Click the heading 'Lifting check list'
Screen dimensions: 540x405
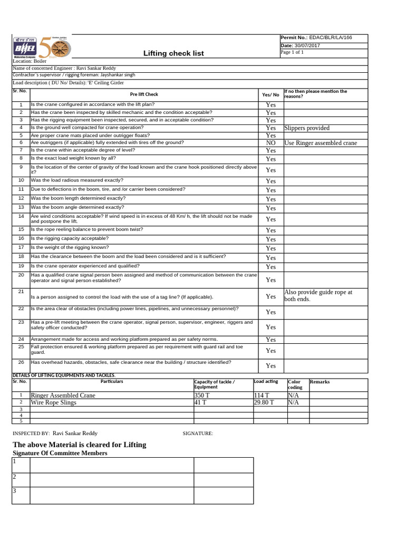[x=173, y=53]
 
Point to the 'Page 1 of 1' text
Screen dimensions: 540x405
[x=293, y=52]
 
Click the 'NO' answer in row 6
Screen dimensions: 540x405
[x=271, y=143]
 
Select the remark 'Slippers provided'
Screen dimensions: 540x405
[x=306, y=128]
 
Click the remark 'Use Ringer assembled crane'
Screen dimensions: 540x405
[x=320, y=143]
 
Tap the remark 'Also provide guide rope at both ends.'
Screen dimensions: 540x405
[x=318, y=295]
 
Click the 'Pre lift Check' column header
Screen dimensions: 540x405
[x=144, y=94]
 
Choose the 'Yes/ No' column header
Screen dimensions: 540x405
[x=271, y=94]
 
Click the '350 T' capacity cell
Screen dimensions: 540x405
[x=201, y=395]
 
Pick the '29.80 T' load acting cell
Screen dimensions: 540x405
[x=264, y=402]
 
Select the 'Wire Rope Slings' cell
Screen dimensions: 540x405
[x=54, y=402]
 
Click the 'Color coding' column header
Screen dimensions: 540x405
[x=295, y=384]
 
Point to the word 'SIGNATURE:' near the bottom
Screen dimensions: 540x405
[x=198, y=433]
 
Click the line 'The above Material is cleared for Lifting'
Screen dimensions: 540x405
[x=79, y=445]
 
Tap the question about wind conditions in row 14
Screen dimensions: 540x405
[x=141, y=219]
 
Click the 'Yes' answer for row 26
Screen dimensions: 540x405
[x=271, y=365]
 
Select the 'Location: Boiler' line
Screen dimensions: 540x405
[x=30, y=62]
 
